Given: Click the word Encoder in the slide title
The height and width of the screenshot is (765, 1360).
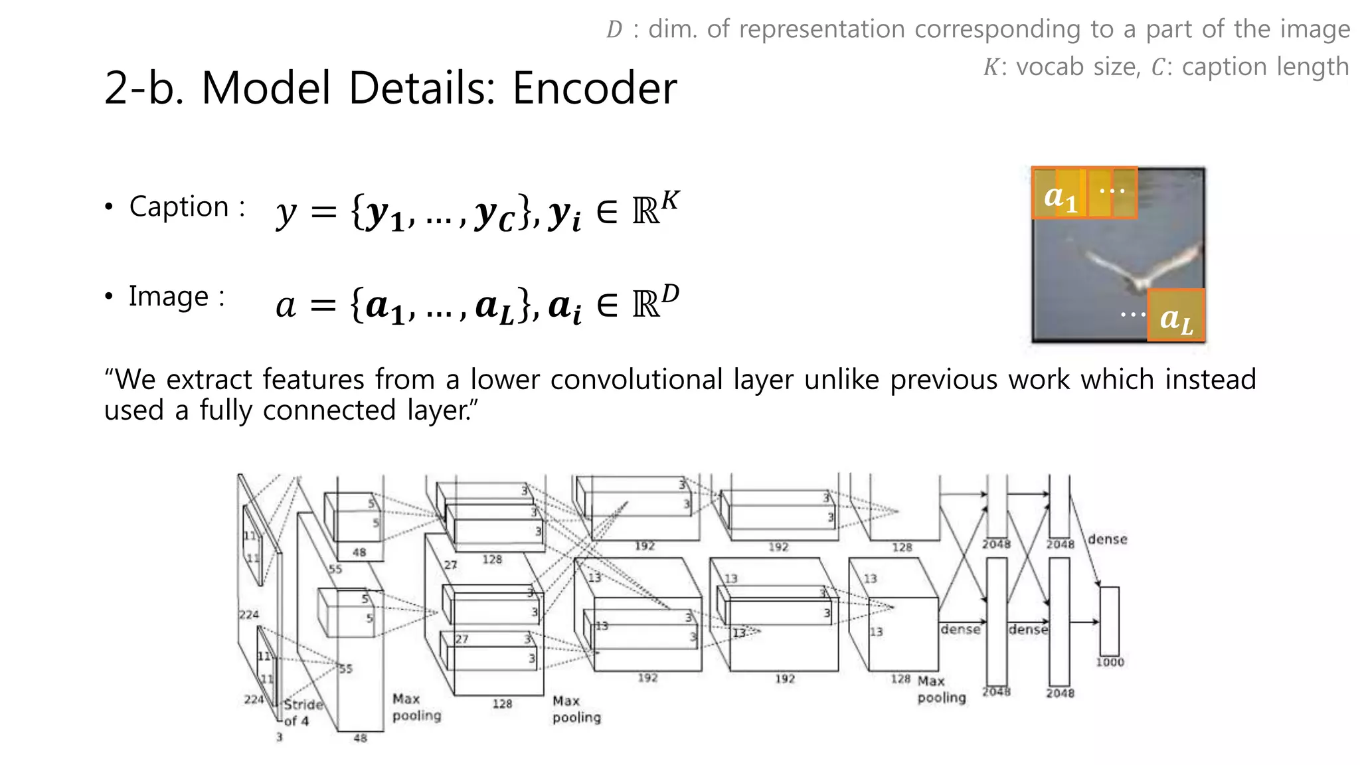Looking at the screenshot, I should pos(594,88).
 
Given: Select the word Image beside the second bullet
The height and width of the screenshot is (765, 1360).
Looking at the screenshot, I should pos(169,296).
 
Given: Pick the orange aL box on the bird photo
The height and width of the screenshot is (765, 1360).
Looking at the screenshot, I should pos(1175,317).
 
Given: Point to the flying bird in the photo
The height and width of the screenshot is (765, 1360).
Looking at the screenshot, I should pos(1142,269).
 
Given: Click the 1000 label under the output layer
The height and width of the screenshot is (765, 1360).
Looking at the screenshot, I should pos(1110,662).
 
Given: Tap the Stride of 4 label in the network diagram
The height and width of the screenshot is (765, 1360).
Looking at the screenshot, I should pos(302,713).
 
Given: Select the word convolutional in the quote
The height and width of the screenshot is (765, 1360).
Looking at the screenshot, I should pos(636,380).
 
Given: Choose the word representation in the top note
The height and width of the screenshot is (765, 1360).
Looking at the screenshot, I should pos(821,29).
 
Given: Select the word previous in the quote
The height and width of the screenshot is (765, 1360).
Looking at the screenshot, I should pos(943,380).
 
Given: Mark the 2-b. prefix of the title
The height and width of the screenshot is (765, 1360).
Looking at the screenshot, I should pos(145,88).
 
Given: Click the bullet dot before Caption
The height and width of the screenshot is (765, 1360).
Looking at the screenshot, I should pos(109,207).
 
